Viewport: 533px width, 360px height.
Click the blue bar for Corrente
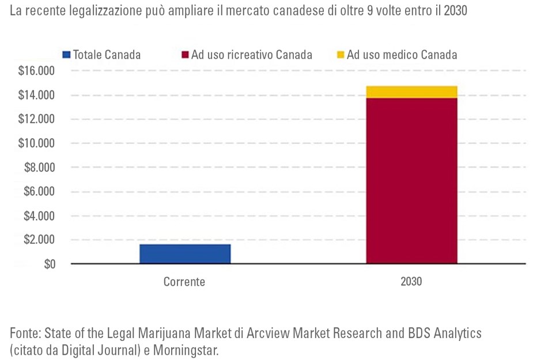pyautogui.click(x=185, y=253)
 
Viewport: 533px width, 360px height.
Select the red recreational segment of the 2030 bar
pyautogui.click(x=411, y=180)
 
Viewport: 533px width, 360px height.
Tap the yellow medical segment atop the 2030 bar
pyautogui.click(x=411, y=92)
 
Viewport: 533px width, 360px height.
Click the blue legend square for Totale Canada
pyautogui.click(x=66, y=55)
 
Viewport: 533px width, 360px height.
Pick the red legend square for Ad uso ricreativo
pyautogui.click(x=186, y=55)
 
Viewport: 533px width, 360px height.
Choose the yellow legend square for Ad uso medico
pyautogui.click(x=340, y=55)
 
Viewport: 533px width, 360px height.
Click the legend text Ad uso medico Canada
pyautogui.click(x=402, y=55)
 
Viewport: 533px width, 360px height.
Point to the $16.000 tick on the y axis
pyautogui.click(x=36, y=71)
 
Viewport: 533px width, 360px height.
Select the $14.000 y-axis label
pyautogui.click(x=36, y=95)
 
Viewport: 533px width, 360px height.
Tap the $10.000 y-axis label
pyautogui.click(x=36, y=143)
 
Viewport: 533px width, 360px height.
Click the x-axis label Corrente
pyautogui.click(x=184, y=282)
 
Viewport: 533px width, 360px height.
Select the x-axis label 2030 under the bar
pyautogui.click(x=411, y=282)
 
